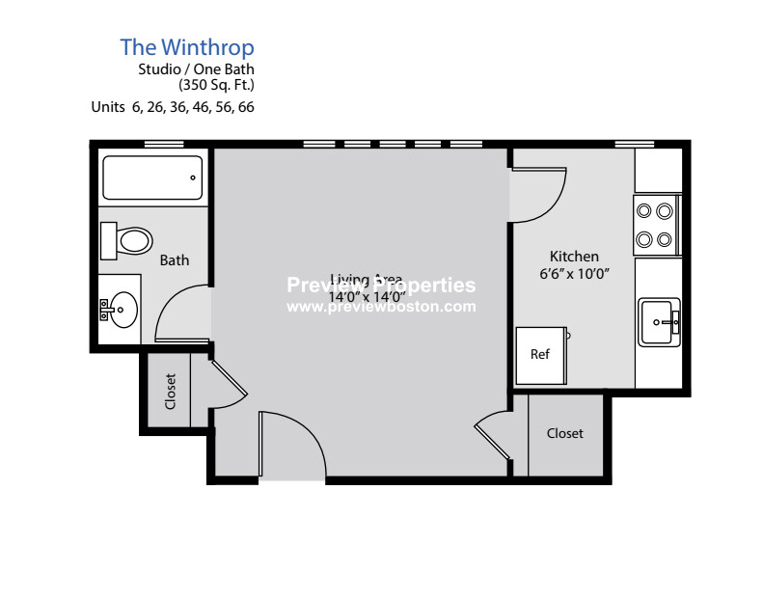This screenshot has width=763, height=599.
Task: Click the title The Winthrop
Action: pyautogui.click(x=187, y=46)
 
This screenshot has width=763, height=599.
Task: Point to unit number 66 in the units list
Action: pyautogui.click(x=246, y=107)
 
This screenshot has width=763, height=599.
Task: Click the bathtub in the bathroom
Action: pyautogui.click(x=152, y=177)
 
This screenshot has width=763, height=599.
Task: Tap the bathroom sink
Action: pyautogui.click(x=120, y=311)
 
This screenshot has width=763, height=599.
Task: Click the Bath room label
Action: pyautogui.click(x=175, y=260)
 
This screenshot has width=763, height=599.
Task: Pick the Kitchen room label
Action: pyautogui.click(x=574, y=257)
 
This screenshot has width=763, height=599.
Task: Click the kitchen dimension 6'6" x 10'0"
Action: pyautogui.click(x=574, y=274)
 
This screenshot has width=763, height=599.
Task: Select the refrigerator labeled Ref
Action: pyautogui.click(x=540, y=355)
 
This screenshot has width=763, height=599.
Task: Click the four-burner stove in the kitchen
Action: pyautogui.click(x=656, y=225)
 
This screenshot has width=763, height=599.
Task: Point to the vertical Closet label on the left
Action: pyautogui.click(x=171, y=392)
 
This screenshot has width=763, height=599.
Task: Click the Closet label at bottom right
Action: pyautogui.click(x=565, y=434)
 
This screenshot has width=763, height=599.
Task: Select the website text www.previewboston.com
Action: pyautogui.click(x=382, y=307)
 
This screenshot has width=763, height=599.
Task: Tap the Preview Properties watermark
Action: pyautogui.click(x=382, y=286)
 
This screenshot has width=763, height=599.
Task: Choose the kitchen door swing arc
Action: pyautogui.click(x=540, y=193)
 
